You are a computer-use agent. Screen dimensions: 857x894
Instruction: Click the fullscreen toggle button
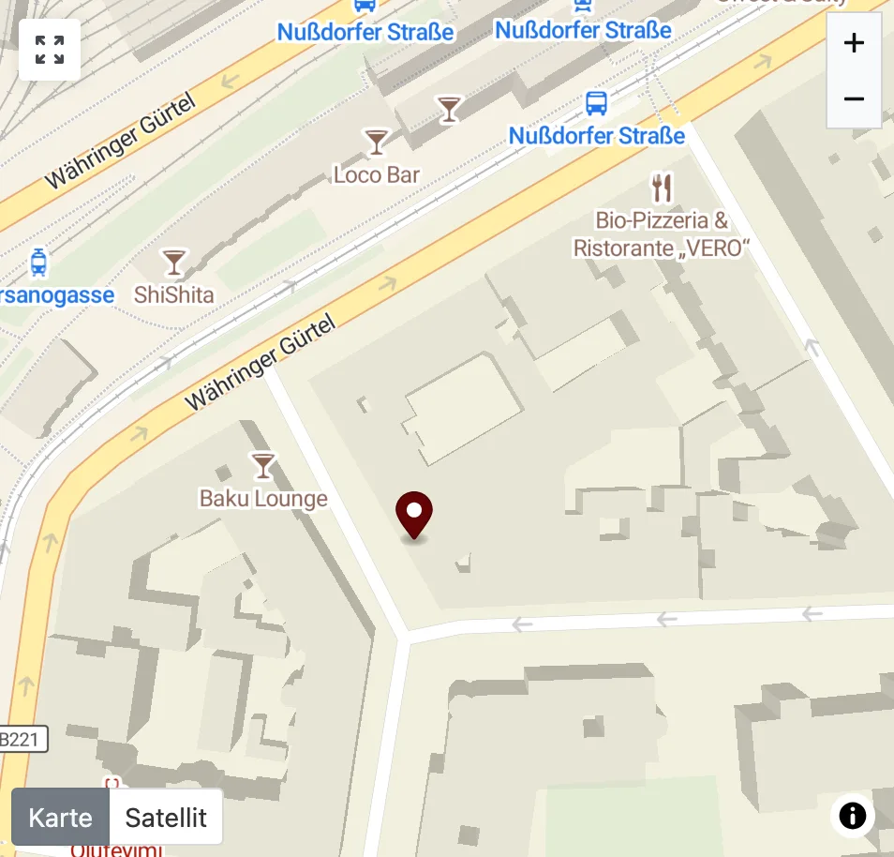[50, 50]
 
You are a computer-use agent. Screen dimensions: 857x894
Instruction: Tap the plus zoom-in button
[853, 43]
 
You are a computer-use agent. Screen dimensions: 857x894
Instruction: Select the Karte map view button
[60, 817]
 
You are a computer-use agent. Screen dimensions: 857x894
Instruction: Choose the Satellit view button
[166, 817]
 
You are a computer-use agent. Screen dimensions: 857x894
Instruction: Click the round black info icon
[852, 816]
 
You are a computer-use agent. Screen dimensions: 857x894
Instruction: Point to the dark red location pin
[413, 513]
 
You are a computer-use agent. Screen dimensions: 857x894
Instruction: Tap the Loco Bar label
[377, 174]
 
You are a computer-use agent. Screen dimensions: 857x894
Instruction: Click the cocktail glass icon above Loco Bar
[377, 142]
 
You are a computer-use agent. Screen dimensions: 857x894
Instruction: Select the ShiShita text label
[174, 294]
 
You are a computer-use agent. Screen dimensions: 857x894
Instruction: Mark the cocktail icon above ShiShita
[174, 262]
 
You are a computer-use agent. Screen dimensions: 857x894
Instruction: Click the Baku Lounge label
[263, 498]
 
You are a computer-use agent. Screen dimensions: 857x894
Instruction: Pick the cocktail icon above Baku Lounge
[263, 465]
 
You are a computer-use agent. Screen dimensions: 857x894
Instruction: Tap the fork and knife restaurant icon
[663, 188]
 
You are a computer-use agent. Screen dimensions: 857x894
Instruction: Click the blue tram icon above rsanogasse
[38, 262]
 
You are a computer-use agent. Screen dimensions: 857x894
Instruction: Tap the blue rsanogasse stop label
[56, 295]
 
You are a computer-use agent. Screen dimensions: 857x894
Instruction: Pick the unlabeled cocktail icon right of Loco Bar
[450, 109]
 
